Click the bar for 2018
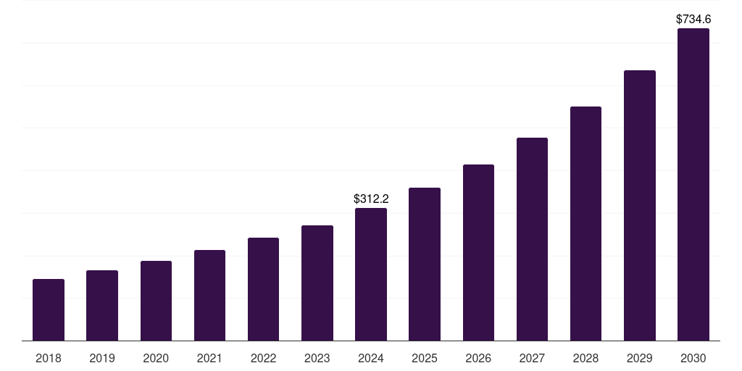pos(49,310)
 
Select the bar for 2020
pos(156,301)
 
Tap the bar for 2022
pos(263,289)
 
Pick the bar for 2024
pos(371,275)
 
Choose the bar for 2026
pos(478,253)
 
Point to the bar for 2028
pos(585,224)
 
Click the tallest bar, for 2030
pos(693,185)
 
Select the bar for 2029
pos(639,206)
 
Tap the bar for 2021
pos(209,296)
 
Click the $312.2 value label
pos(371,199)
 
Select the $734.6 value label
pos(693,20)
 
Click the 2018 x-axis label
pos(49,358)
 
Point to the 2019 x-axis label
pos(102,358)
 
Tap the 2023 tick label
pos(317,358)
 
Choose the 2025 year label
pos(425,358)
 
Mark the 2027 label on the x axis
pos(532,358)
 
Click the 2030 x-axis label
pos(693,358)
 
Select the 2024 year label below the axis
pos(371,358)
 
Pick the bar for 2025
pos(425,264)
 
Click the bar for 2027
pos(532,239)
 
